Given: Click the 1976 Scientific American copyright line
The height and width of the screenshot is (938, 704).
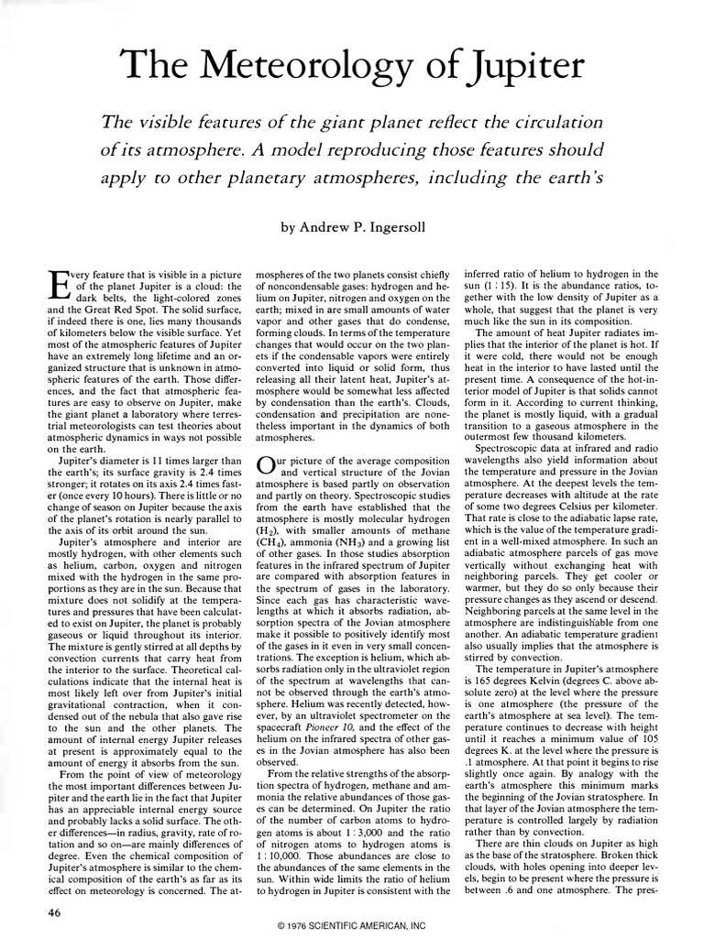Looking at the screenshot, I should pyautogui.click(x=351, y=927).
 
